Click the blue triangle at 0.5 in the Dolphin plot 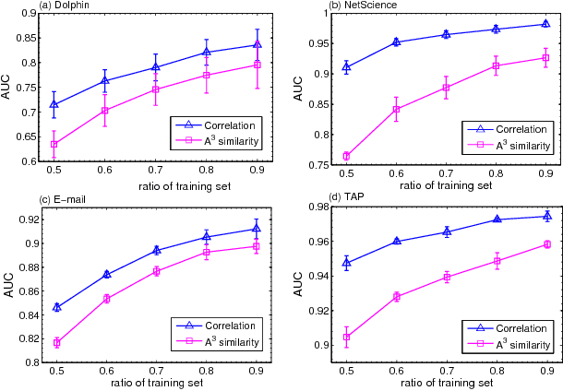pyautogui.click(x=54, y=104)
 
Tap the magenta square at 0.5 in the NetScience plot pyautogui.click(x=346, y=156)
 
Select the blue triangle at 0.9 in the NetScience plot pyautogui.click(x=545, y=24)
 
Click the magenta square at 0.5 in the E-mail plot pyautogui.click(x=57, y=343)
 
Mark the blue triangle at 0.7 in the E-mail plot pyautogui.click(x=157, y=250)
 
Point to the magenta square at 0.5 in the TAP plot pyautogui.click(x=346, y=338)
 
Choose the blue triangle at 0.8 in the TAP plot pyautogui.click(x=497, y=219)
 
